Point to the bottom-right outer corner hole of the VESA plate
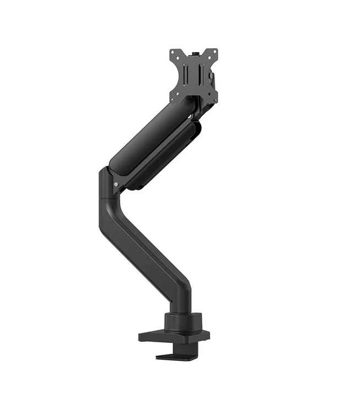(214, 100)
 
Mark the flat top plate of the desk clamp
(176, 334)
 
